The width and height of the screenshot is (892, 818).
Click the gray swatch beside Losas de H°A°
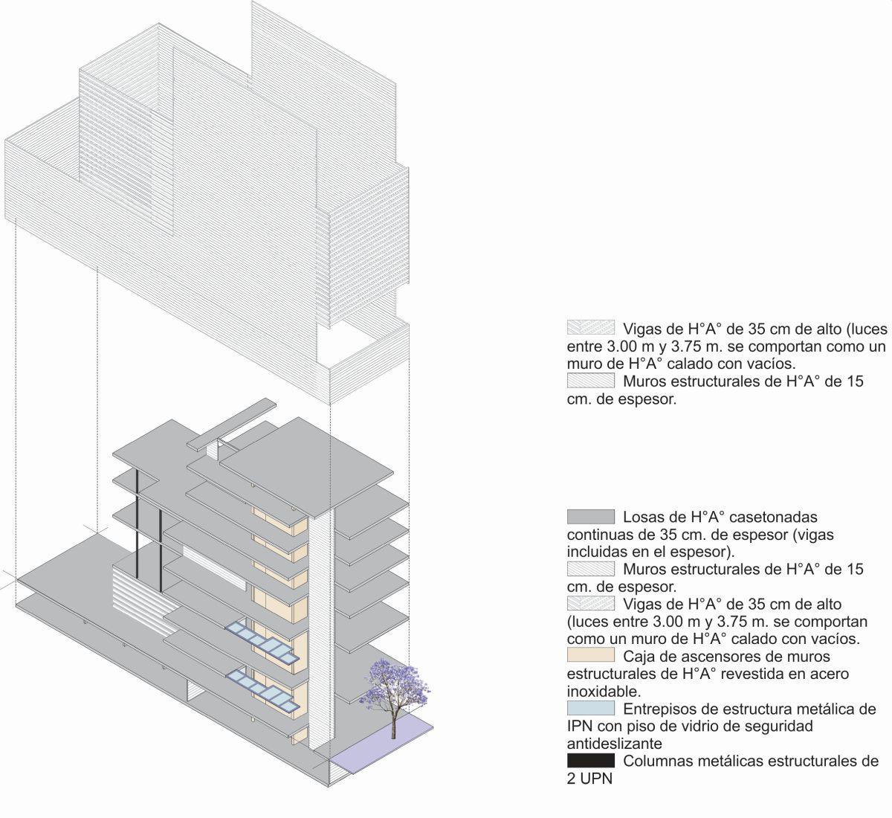[590, 517]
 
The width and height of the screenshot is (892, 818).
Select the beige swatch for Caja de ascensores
[590, 655]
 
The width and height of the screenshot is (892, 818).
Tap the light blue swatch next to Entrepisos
[590, 708]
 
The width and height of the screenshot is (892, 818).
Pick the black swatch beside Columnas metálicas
[590, 760]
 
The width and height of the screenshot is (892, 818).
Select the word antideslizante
[614, 744]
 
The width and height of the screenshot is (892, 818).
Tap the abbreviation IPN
[579, 727]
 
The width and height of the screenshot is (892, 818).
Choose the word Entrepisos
[662, 709]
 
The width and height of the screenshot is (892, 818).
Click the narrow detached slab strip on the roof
[231, 424]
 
